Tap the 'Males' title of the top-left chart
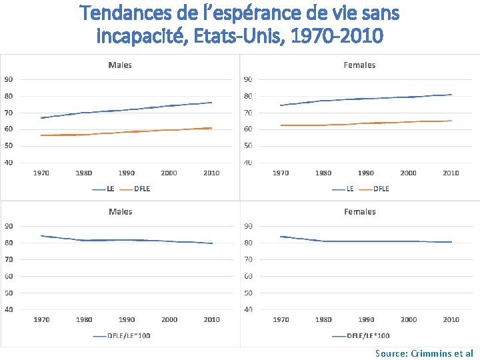point(120,65)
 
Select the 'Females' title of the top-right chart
point(359,65)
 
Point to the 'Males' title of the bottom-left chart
point(120,211)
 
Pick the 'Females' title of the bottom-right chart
point(359,211)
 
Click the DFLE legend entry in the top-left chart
point(141,188)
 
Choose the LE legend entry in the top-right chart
point(350,189)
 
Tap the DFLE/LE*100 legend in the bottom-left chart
point(128,335)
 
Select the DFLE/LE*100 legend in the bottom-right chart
point(368,335)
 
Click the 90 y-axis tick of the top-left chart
point(8,79)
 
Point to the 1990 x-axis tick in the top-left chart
point(126,173)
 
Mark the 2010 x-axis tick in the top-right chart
point(451,173)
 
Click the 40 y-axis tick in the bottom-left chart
point(8,309)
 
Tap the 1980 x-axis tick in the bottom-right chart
point(323,319)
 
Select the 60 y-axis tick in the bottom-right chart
point(248,276)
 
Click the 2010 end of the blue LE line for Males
point(211,103)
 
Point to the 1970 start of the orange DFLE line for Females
point(281,125)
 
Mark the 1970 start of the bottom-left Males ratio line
point(41,235)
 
